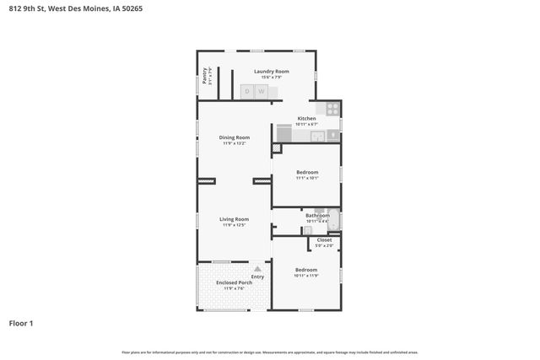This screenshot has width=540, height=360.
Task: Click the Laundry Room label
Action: tap(271, 72)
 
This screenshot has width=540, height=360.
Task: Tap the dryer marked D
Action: tap(248, 91)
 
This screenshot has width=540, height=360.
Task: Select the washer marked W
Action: tap(262, 91)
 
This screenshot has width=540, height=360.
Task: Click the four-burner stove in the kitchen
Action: tap(332, 109)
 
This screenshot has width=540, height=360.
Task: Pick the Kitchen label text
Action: tap(306, 119)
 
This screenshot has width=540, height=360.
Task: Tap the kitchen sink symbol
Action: tap(317, 136)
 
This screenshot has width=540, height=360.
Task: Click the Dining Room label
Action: tap(235, 137)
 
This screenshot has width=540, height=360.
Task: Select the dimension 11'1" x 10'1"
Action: tap(306, 178)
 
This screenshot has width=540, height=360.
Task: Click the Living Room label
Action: tap(235, 219)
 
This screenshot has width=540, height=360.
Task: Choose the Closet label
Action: tap(324, 240)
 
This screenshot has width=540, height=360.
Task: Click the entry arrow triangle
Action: tap(257, 269)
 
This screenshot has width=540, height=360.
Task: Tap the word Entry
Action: tap(257, 277)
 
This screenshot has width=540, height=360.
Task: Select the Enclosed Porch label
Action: tap(234, 282)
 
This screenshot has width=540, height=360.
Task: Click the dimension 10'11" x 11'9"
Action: tap(306, 276)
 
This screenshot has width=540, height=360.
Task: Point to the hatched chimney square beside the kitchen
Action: tap(276, 148)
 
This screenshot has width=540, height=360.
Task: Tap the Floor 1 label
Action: tap(21, 323)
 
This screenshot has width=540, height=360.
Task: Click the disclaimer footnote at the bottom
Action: tap(269, 352)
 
